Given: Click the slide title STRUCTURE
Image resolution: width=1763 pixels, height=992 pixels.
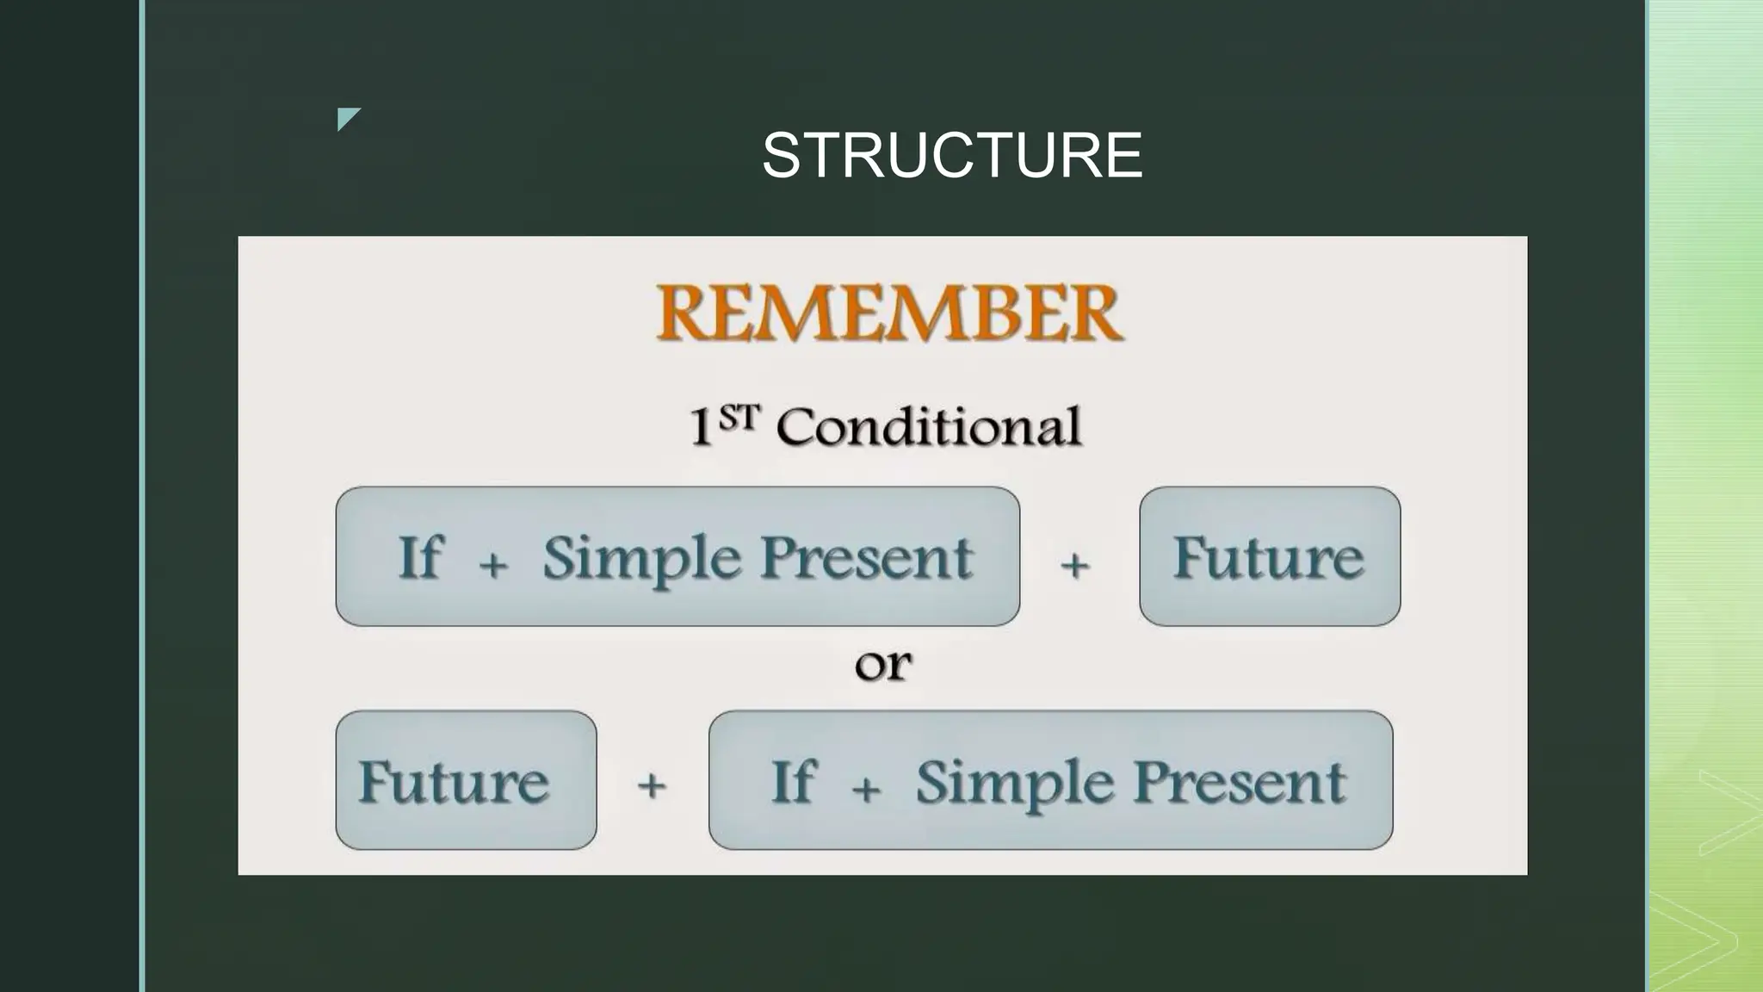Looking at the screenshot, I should pyautogui.click(x=952, y=156).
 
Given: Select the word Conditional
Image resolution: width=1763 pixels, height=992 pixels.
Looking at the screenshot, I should pyautogui.click(x=928, y=426).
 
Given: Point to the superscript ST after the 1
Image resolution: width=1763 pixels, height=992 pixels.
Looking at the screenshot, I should pyautogui.click(x=739, y=418).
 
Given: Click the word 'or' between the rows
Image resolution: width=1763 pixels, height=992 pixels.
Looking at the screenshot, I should pyautogui.click(x=883, y=665).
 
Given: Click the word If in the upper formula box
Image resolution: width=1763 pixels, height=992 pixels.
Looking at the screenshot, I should pyautogui.click(x=420, y=557).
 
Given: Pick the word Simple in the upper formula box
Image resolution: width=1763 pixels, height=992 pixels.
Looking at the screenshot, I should pyautogui.click(x=641, y=559).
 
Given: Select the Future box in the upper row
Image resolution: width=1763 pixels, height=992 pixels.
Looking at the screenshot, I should pyautogui.click(x=1269, y=557).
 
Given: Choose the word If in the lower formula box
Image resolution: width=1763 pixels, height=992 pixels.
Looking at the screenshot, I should pyautogui.click(x=792, y=781).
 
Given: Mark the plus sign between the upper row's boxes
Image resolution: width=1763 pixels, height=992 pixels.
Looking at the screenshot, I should pyautogui.click(x=1074, y=566).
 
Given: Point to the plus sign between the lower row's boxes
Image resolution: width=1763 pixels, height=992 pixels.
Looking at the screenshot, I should pyautogui.click(x=652, y=785).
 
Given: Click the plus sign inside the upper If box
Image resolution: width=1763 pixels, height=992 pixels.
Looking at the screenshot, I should pyautogui.click(x=493, y=566).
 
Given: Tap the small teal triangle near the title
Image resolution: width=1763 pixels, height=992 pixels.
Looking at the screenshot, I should pyautogui.click(x=346, y=117).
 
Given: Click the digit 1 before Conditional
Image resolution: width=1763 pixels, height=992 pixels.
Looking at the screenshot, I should pyautogui.click(x=702, y=427).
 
